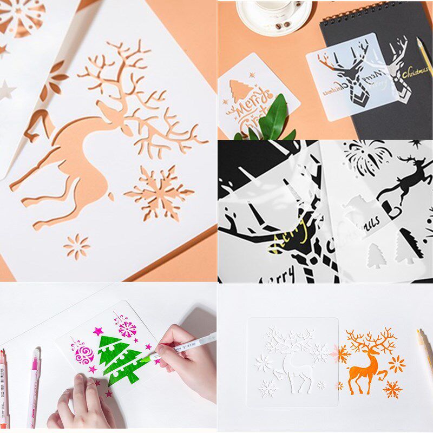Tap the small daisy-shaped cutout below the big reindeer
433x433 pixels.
click(x=76, y=246)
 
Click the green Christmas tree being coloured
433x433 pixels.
click(x=120, y=360)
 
